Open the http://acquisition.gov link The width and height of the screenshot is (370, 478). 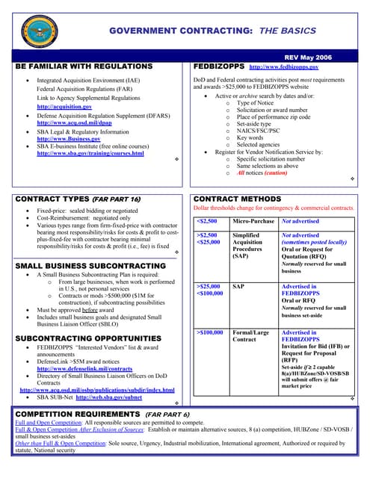64,108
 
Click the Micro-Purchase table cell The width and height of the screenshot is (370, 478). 252,222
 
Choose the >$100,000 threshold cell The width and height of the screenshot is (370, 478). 210,332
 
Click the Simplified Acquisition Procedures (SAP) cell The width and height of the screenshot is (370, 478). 249,246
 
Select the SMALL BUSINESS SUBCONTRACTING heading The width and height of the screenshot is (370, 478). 90,266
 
